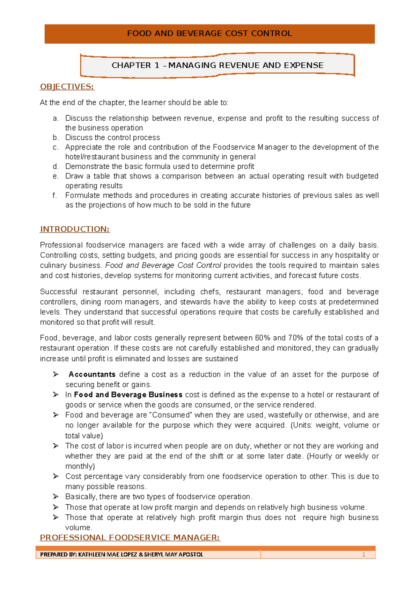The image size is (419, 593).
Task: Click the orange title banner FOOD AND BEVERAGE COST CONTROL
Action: (209, 34)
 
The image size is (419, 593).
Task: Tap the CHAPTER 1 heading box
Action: (217, 65)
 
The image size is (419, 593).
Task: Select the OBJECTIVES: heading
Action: (67, 87)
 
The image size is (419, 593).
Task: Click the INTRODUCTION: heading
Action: (75, 229)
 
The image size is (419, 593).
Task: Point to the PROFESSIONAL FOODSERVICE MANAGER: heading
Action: (130, 537)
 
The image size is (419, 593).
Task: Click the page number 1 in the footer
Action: (363, 555)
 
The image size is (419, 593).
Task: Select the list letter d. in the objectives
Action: (56, 167)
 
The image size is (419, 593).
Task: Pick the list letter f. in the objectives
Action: (55, 196)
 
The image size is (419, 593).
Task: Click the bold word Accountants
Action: (92, 374)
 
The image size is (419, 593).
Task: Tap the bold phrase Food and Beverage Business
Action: (128, 395)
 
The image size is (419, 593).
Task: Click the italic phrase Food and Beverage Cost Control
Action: (163, 265)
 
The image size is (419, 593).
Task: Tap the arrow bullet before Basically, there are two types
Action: (56, 497)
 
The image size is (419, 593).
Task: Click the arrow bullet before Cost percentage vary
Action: (56, 476)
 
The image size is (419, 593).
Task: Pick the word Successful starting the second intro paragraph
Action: (58, 292)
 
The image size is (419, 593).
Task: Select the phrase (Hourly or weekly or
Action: (343, 456)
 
